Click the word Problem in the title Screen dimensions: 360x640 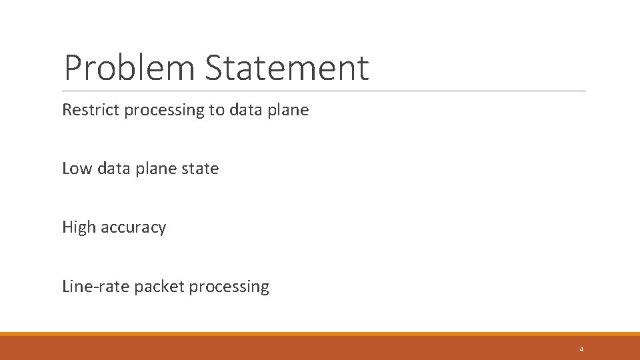click(x=131, y=68)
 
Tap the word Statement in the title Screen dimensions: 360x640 click(x=287, y=68)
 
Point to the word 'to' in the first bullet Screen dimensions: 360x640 click(x=217, y=110)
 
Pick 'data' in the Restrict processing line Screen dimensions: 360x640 click(x=246, y=110)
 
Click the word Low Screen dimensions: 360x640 click(x=77, y=169)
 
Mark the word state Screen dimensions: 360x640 click(x=200, y=169)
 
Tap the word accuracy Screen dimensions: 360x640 click(x=133, y=228)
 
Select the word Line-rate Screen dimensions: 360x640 click(x=95, y=287)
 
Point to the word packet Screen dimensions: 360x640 click(x=159, y=287)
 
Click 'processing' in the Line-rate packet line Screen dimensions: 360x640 click(x=229, y=287)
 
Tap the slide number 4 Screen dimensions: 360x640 click(x=581, y=349)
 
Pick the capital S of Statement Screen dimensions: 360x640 click(x=215, y=68)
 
